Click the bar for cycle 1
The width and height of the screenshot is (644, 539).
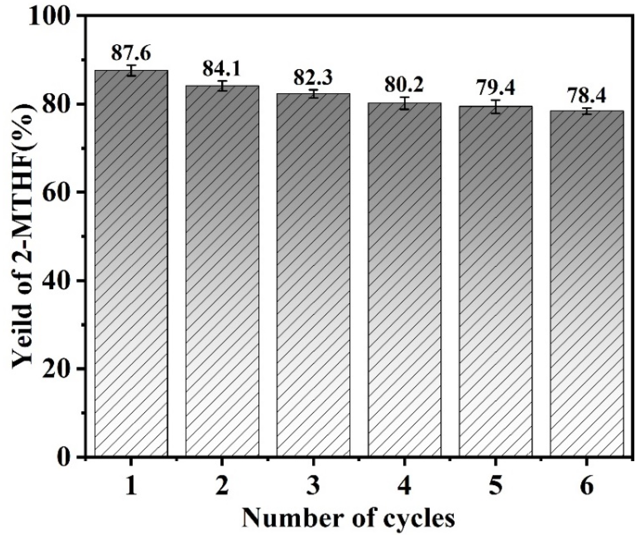click(131, 264)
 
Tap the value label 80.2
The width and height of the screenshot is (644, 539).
click(404, 85)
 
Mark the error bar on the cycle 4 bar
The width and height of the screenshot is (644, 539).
click(405, 103)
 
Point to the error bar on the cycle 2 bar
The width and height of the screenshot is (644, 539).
click(222, 85)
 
